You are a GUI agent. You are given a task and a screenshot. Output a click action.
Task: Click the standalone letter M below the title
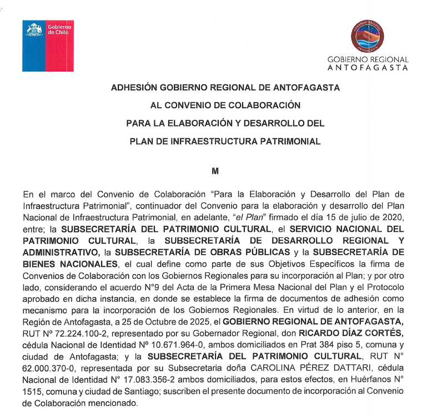click(x=216, y=171)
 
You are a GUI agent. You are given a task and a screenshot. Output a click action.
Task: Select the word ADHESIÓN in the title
click(x=134, y=88)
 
